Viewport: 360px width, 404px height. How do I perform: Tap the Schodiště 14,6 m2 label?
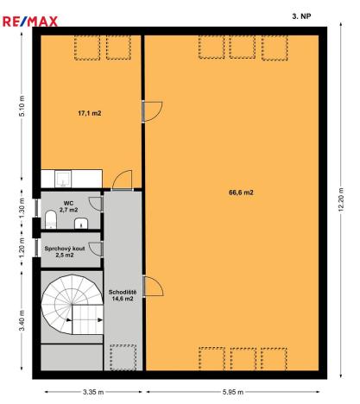(x=121, y=295)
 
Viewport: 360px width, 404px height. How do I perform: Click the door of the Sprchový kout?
(x=97, y=249)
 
